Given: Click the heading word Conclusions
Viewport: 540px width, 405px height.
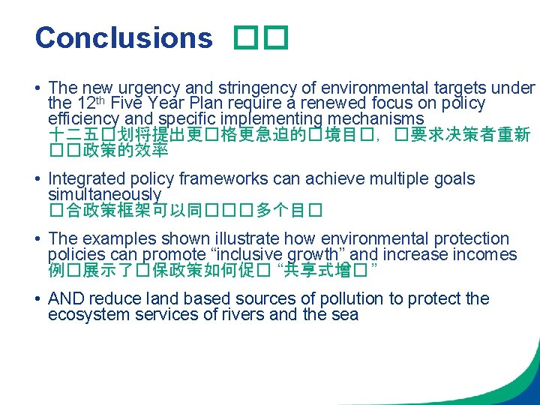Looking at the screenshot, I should coord(124,37).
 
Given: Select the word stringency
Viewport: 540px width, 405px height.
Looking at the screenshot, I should coord(239,88).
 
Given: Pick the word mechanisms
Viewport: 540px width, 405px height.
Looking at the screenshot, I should coord(383,118).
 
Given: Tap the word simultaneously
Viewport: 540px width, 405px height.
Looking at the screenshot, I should coord(104,194).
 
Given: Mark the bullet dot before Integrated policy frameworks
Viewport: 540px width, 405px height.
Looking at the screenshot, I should coord(38,179).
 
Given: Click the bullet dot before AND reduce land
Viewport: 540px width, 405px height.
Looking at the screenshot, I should coord(38,299).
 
